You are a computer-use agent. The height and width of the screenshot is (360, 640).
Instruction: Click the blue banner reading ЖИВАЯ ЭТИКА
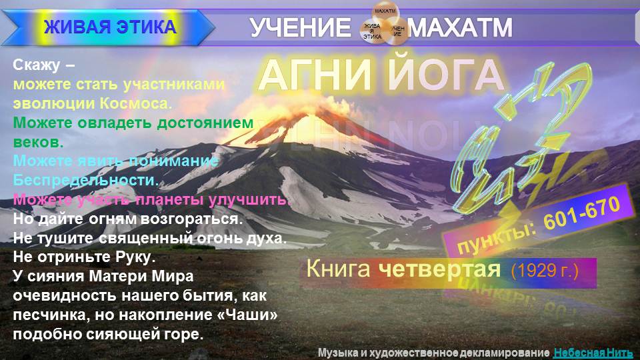point(110,27)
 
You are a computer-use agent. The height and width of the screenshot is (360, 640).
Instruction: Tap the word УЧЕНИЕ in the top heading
point(300,27)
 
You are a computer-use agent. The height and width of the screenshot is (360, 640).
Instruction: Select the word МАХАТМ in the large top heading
point(461,27)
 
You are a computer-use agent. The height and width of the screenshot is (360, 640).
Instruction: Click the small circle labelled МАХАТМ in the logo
point(385,12)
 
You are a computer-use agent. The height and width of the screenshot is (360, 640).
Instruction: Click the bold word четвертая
point(439,269)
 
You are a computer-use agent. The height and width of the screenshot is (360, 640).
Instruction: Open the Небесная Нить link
point(593,352)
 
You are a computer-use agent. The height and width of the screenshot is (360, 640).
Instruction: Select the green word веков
point(38,142)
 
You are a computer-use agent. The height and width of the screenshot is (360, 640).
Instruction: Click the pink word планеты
point(169,199)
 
